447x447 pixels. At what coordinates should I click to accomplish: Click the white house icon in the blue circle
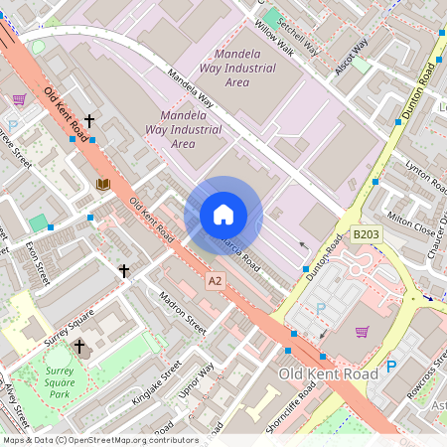(x=223, y=215)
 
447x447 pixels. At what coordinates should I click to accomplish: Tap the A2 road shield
(x=215, y=283)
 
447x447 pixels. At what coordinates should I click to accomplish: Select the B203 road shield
(x=366, y=235)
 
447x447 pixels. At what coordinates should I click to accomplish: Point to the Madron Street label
(x=182, y=311)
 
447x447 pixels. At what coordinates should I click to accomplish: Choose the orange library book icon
(x=102, y=184)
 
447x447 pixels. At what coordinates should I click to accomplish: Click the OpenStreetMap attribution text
(x=100, y=439)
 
